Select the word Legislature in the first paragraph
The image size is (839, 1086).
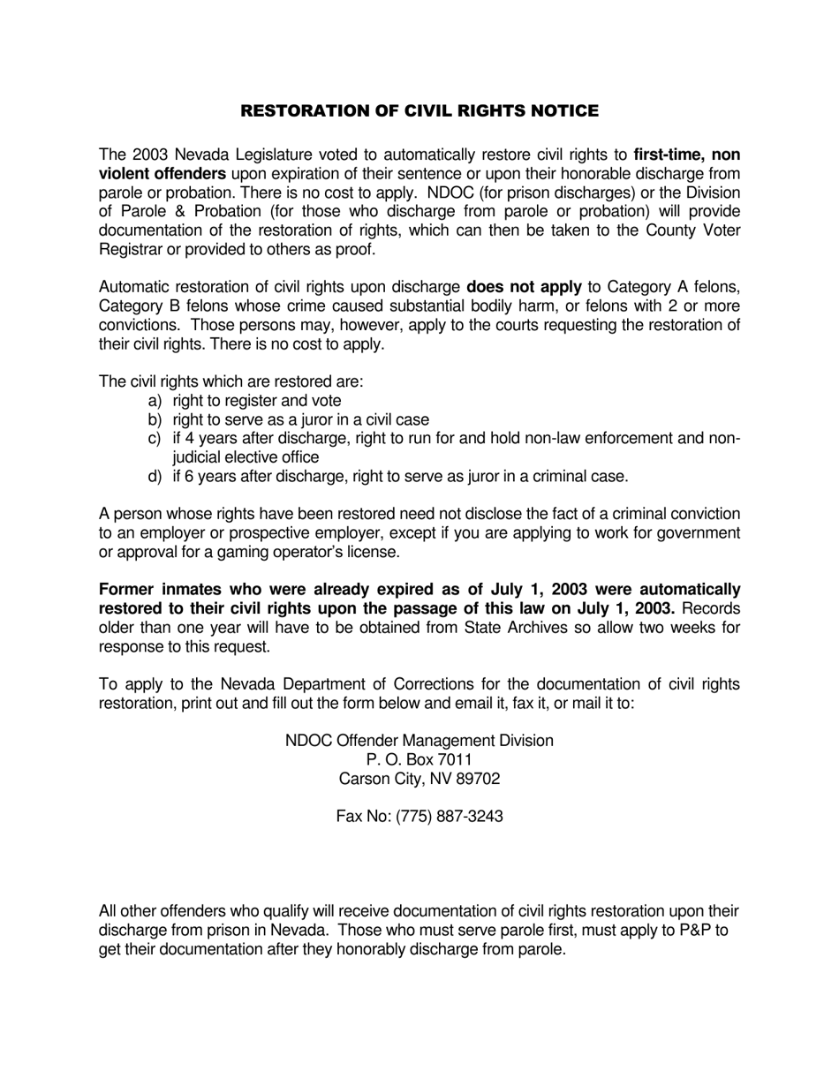coord(254,155)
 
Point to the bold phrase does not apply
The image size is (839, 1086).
coord(524,287)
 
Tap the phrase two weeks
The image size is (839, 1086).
coord(676,628)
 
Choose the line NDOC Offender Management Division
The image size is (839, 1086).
coord(419,741)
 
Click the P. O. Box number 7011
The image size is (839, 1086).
coord(455,760)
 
